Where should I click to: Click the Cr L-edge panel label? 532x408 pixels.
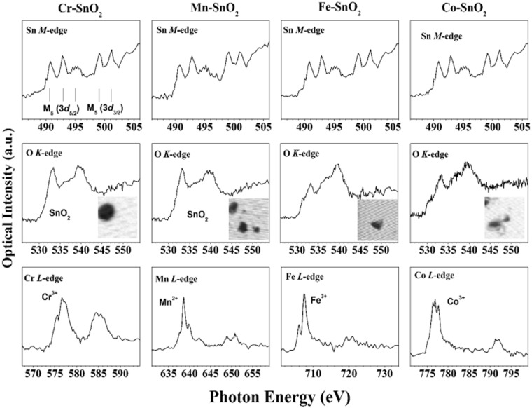pos(43,279)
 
